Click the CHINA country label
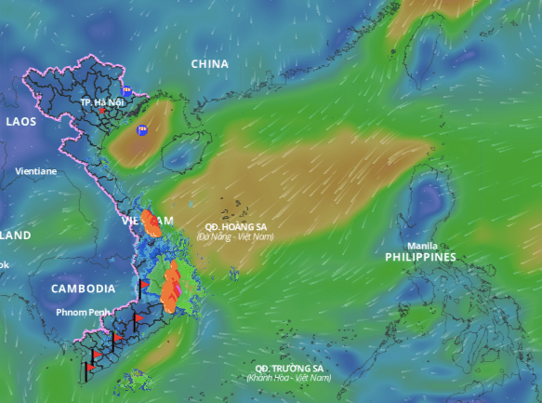tap(209, 63)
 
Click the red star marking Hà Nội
tap(103, 111)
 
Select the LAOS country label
tap(21, 121)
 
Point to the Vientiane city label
tap(35, 171)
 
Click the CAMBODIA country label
tap(83, 289)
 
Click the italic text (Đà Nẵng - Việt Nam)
tap(235, 236)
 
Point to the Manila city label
tap(423, 246)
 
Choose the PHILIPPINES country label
tap(420, 257)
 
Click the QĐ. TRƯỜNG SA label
tap(290, 368)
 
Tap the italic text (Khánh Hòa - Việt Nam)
tap(288, 378)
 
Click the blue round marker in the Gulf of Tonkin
tap(142, 131)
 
